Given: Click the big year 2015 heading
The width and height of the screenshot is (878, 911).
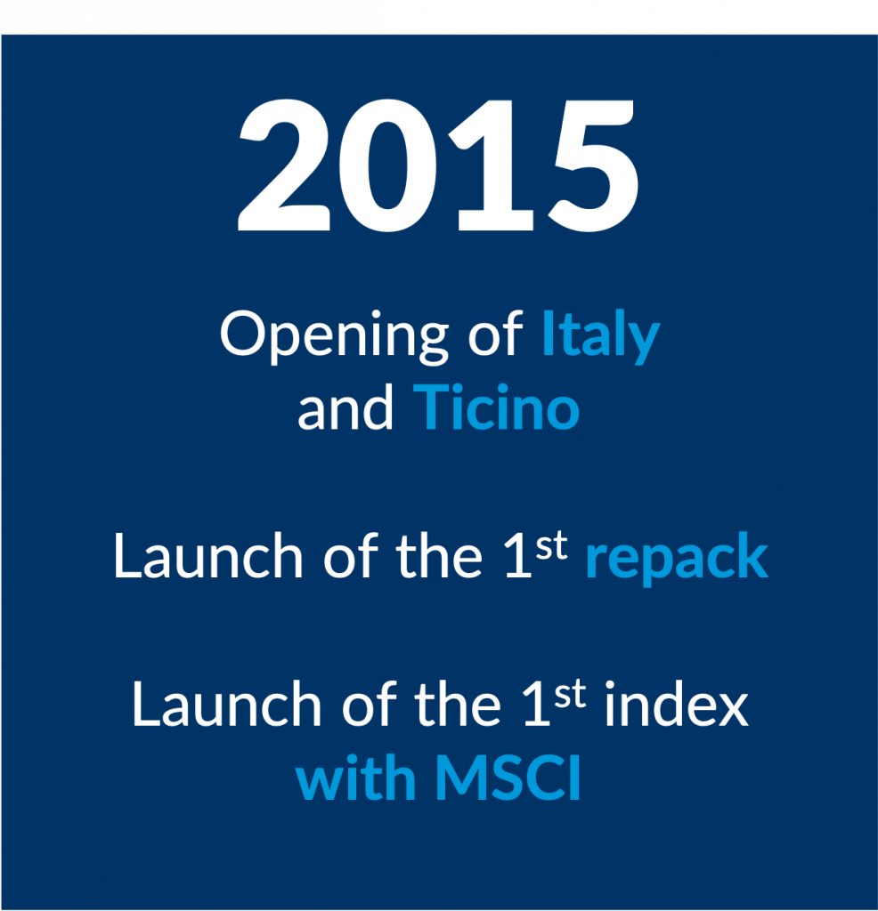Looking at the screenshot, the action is point(438,165).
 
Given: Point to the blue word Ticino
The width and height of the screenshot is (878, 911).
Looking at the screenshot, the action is point(496,407).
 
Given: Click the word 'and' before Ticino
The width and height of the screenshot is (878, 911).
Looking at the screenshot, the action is point(346,407).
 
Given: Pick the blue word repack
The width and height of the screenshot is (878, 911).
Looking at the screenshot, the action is point(677,559).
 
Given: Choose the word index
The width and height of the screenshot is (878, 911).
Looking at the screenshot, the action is point(676,704).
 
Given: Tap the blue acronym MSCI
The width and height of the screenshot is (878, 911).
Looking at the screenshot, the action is point(508,778).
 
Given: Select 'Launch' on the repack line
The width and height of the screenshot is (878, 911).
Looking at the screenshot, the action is point(208,555).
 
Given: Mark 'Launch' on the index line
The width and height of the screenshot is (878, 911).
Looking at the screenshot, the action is point(227,704).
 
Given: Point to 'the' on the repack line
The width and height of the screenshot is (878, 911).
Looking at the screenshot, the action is point(440,555).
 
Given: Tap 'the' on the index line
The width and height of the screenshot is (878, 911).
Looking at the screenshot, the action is point(459,704).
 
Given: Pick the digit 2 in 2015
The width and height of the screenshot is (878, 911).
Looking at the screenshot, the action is point(285,165).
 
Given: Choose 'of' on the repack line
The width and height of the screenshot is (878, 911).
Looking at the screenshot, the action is point(350,555).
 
